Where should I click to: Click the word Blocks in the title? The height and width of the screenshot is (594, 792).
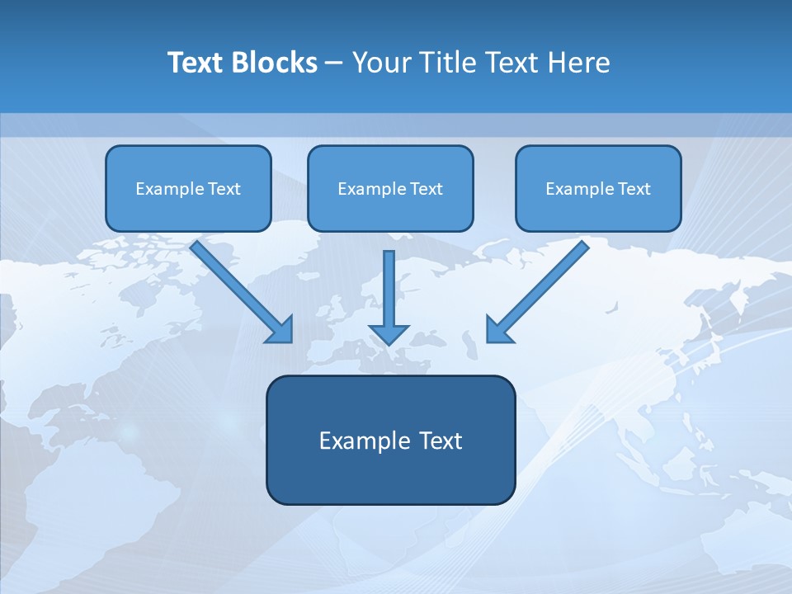[273, 63]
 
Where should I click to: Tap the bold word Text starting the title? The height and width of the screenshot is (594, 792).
[196, 63]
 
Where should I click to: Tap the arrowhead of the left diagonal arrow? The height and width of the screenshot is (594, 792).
[281, 330]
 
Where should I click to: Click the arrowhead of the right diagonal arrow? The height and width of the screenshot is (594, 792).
[497, 330]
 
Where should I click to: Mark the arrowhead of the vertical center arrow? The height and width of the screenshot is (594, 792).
[389, 333]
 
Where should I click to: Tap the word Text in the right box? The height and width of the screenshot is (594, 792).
[634, 189]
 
